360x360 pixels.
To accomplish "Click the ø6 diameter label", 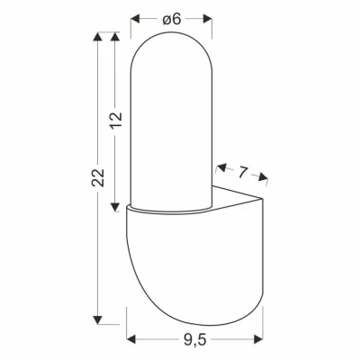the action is click(x=172, y=20).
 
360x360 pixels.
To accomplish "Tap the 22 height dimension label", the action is click(x=98, y=177).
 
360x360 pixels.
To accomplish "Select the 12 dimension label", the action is click(x=115, y=120).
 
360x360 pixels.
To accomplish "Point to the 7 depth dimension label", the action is click(x=242, y=172).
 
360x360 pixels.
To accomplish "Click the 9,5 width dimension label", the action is click(x=194, y=339).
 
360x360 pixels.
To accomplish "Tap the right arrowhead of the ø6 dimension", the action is click(x=208, y=19).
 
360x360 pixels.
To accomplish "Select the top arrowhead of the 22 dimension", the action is click(x=97, y=37).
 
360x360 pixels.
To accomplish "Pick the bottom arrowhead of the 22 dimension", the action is click(x=97, y=319).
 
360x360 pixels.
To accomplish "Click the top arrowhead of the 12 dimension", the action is click(x=114, y=37).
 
